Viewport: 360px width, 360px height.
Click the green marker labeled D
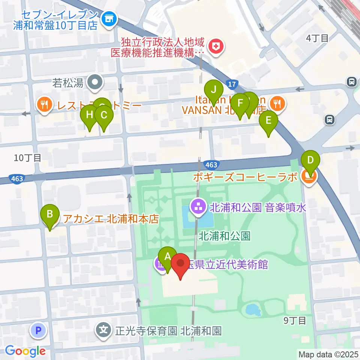[x=310, y=159]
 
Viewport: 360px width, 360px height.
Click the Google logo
[x=25, y=351]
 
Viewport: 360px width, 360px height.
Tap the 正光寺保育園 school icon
[x=104, y=330]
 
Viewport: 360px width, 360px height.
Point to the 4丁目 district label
[x=317, y=38]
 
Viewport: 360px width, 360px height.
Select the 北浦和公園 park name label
[x=224, y=236]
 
